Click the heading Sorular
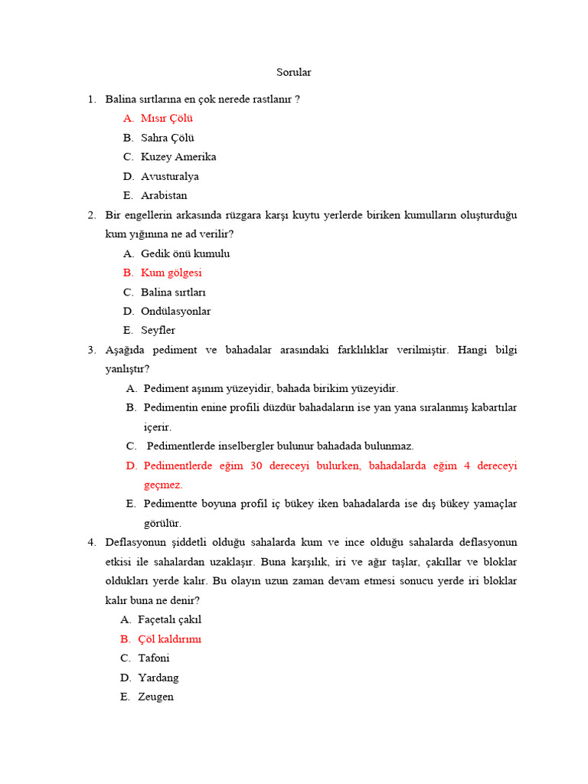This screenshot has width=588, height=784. click(293, 73)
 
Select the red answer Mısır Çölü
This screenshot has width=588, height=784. click(166, 119)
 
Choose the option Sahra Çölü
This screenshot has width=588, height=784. click(167, 138)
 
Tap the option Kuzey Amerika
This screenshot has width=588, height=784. click(178, 157)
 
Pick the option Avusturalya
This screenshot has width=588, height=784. click(169, 176)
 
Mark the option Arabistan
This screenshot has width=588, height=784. click(164, 195)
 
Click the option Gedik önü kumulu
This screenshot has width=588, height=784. click(185, 253)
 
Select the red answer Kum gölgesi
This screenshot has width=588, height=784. click(171, 273)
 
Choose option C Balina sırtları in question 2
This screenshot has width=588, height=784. click(173, 292)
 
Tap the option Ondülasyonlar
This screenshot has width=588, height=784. click(175, 311)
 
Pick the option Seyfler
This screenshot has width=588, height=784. click(158, 330)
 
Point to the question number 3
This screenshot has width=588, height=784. click(91, 350)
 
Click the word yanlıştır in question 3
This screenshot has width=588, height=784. click(126, 369)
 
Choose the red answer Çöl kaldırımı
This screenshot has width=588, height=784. click(169, 639)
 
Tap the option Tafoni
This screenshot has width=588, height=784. click(154, 658)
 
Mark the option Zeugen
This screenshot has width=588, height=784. click(155, 697)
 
